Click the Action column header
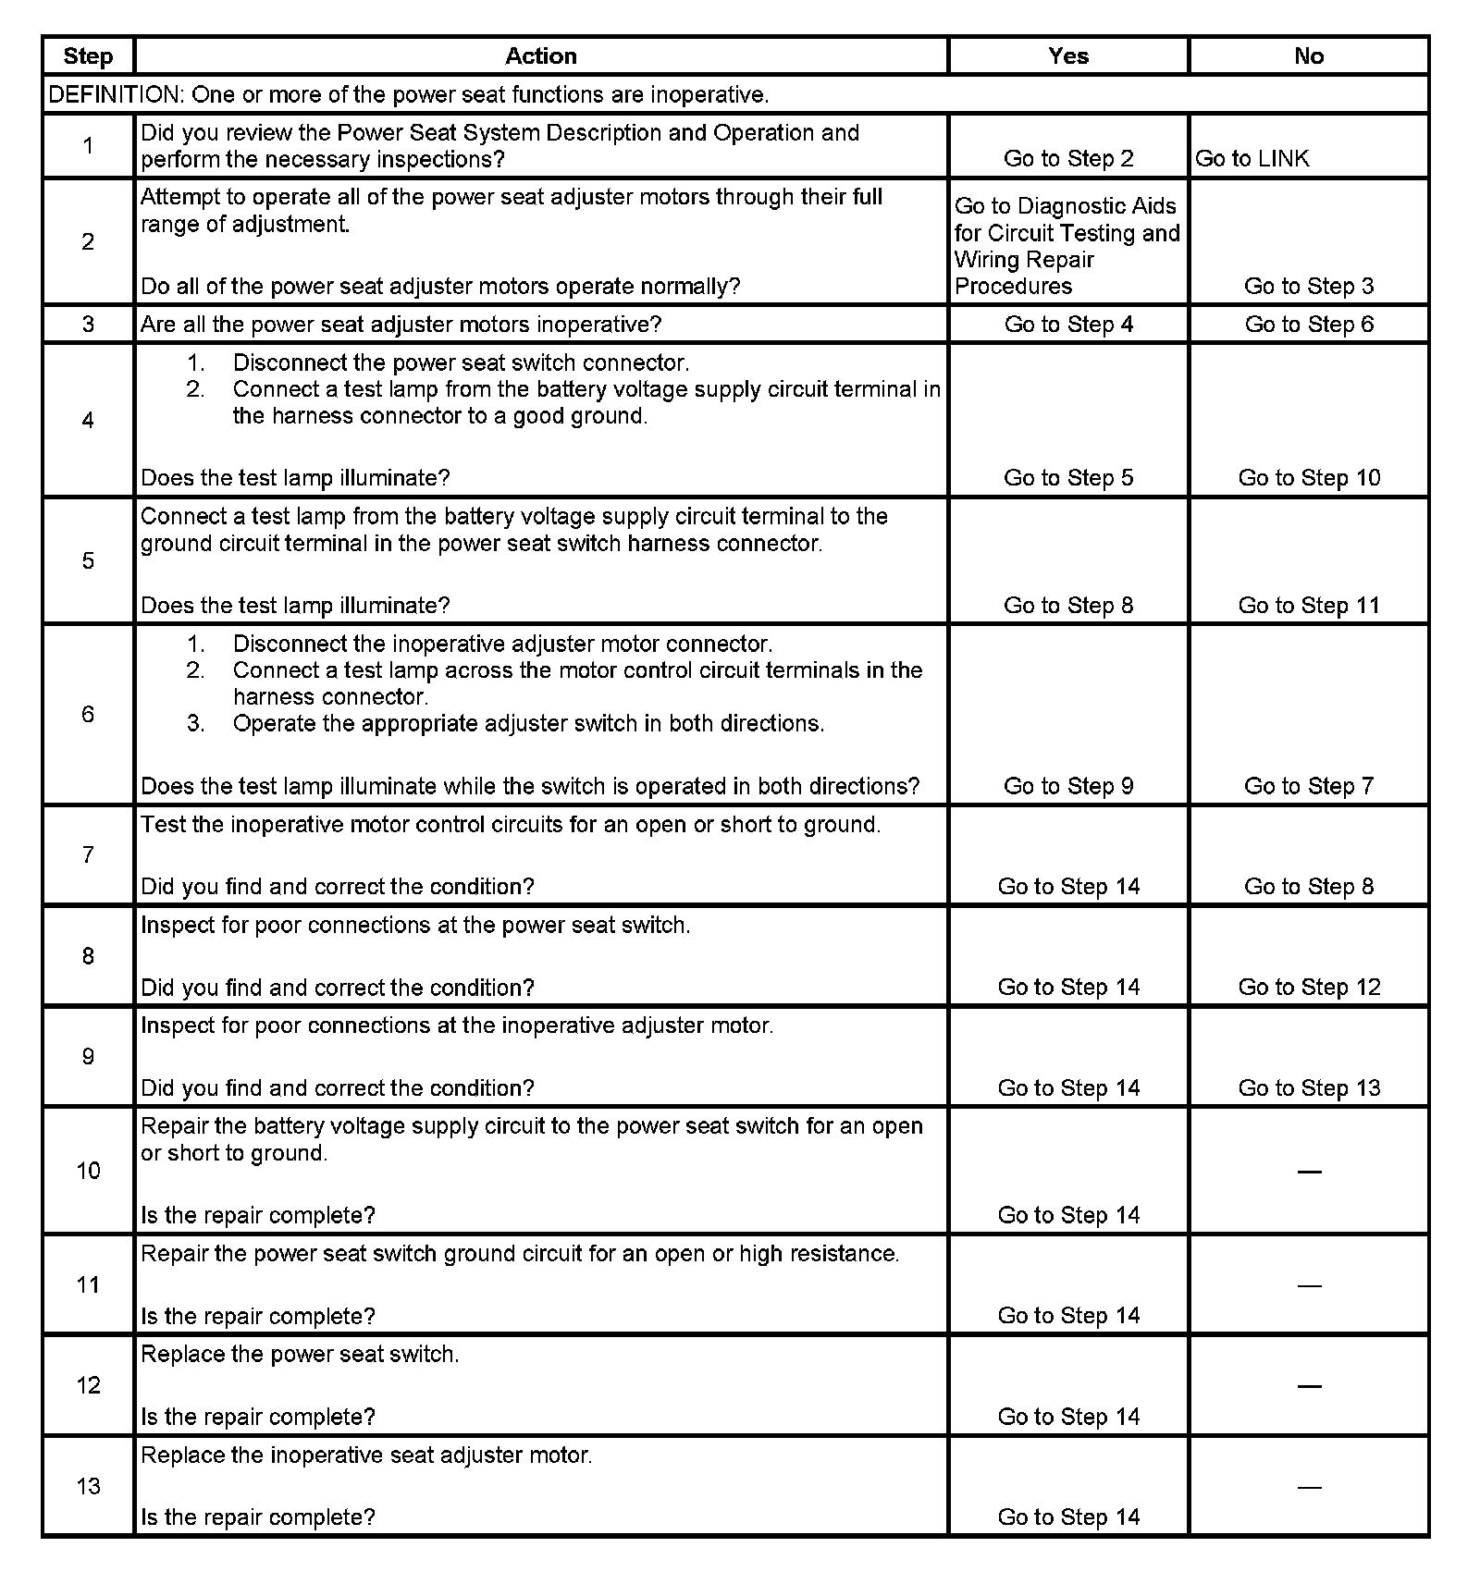point(540,56)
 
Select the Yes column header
point(1068,56)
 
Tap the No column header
point(1309,56)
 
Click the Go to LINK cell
point(1252,159)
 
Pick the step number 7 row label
point(88,855)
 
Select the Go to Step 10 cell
point(1309,478)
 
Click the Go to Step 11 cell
point(1309,606)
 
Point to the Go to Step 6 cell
point(1309,325)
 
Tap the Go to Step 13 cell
point(1309,1088)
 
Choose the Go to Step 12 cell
point(1309,988)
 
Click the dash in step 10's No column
point(1309,1173)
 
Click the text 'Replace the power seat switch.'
point(300,1355)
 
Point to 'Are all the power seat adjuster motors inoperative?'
point(401,325)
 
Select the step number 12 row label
point(88,1386)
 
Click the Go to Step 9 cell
point(1068,787)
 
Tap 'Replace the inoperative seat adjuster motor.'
point(366,1455)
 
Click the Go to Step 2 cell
point(1068,159)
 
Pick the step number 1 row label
point(88,146)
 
